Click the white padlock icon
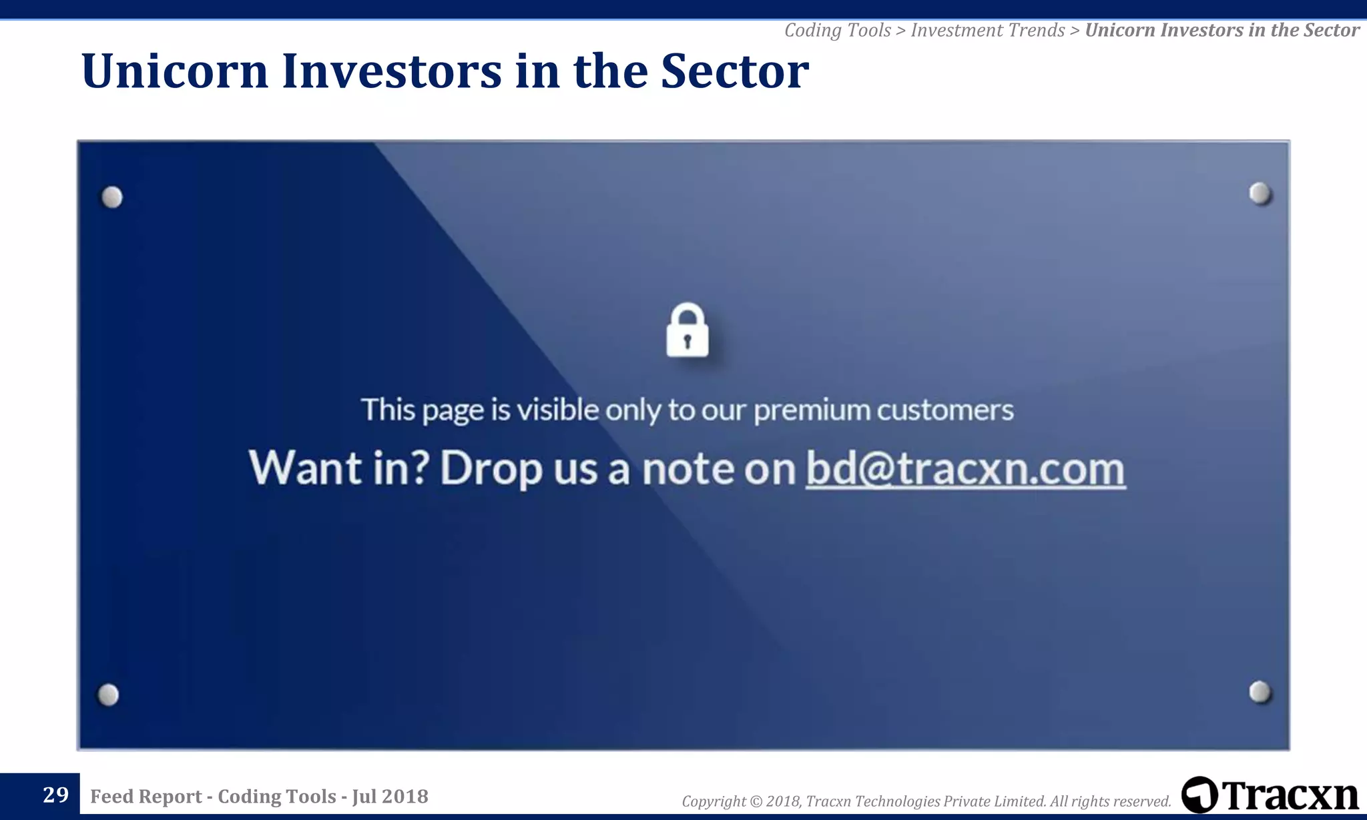pyautogui.click(x=687, y=332)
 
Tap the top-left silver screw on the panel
pyautogui.click(x=112, y=197)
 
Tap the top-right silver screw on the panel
pyautogui.click(x=1260, y=193)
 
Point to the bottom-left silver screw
pyautogui.click(x=108, y=695)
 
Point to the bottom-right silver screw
pyautogui.click(x=1260, y=692)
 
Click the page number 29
pyautogui.click(x=55, y=795)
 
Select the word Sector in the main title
pyautogui.click(x=734, y=71)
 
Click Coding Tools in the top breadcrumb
pyautogui.click(x=837, y=31)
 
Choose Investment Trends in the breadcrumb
pyautogui.click(x=987, y=31)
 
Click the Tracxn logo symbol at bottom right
pyautogui.click(x=1199, y=795)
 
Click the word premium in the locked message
pyautogui.click(x=811, y=410)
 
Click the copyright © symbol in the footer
pyautogui.click(x=756, y=801)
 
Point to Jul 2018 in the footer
pyautogui.click(x=390, y=796)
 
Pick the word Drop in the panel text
pyautogui.click(x=491, y=469)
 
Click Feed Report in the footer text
pyautogui.click(x=146, y=796)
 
